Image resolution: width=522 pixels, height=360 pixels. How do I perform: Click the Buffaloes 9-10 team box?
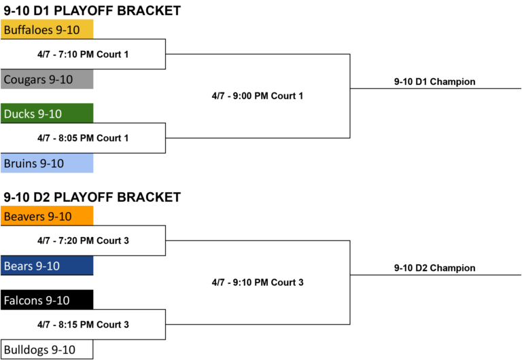(47, 29)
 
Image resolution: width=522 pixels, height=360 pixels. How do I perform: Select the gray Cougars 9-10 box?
(47, 79)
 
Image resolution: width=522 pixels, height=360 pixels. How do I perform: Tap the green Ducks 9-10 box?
(47, 113)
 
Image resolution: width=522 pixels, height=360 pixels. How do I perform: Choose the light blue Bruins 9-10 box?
(47, 163)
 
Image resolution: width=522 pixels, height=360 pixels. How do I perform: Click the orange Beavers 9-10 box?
(47, 215)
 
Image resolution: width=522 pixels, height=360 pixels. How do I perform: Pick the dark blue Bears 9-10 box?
(47, 266)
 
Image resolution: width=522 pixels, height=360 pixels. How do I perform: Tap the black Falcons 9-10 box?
(47, 300)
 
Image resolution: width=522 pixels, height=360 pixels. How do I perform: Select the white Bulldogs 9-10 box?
(47, 349)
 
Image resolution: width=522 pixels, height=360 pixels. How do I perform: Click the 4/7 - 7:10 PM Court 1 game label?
(83, 54)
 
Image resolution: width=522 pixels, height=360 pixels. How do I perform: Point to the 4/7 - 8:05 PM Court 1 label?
(83, 138)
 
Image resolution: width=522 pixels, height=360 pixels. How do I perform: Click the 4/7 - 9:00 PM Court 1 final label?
(258, 96)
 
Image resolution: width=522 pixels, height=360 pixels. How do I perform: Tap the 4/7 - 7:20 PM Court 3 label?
(83, 240)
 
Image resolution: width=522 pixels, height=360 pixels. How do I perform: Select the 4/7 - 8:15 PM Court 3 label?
(83, 325)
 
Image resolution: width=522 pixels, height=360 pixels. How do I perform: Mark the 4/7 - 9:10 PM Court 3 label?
(258, 283)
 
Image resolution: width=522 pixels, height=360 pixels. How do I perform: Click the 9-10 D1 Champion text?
(434, 82)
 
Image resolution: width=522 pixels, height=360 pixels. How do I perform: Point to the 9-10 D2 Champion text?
(434, 268)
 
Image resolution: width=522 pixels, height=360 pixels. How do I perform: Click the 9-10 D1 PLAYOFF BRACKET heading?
(92, 11)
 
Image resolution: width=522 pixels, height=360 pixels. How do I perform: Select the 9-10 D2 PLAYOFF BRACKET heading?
(92, 197)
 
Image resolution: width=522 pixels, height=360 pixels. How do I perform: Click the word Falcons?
(23, 300)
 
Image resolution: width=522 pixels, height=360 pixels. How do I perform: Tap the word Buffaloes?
(29, 30)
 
